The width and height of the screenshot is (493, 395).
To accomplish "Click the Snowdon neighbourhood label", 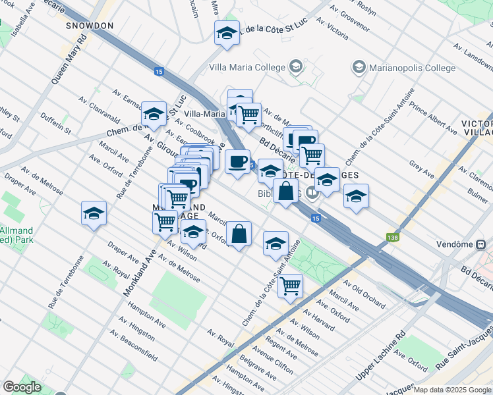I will [90, 26].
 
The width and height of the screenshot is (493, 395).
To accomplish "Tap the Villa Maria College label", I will [247, 67].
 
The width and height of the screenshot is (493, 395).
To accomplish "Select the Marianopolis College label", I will [412, 68].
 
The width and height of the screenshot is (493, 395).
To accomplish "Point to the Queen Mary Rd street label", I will [69, 59].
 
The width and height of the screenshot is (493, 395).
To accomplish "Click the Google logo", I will [22, 387].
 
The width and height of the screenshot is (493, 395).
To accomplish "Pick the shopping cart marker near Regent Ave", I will [290, 286].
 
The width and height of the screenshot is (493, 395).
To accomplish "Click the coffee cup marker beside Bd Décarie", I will [238, 161].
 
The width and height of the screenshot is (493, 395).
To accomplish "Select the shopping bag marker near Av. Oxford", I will [239, 233].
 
